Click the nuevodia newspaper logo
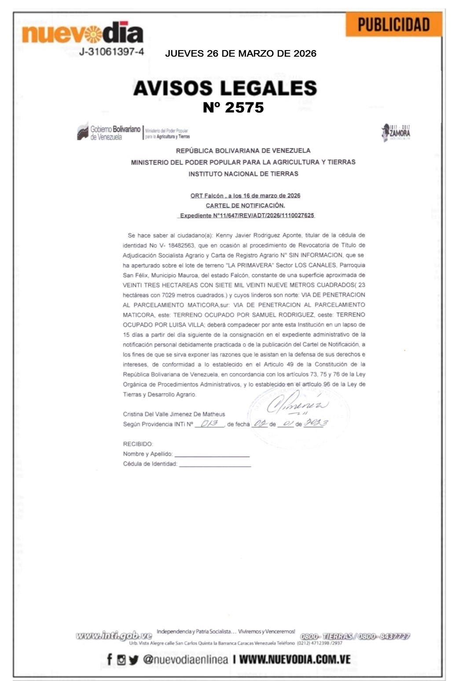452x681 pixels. pyautogui.click(x=82, y=33)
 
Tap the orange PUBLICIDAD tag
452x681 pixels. pyautogui.click(x=393, y=25)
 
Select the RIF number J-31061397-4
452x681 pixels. pyautogui.click(x=111, y=52)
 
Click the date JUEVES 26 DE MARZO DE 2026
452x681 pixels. pyautogui.click(x=240, y=54)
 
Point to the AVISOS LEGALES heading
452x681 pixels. pyautogui.click(x=225, y=88)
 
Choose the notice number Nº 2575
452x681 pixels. pyautogui.click(x=233, y=108)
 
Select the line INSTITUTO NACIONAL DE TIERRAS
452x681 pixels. pyautogui.click(x=243, y=174)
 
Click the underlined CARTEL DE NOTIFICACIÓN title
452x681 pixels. pyautogui.click(x=245, y=206)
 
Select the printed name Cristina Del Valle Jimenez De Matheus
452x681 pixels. pyautogui.click(x=174, y=414)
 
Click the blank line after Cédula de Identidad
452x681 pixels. pyautogui.click(x=215, y=465)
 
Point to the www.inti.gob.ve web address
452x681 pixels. pyautogui.click(x=114, y=635)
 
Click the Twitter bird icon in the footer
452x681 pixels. pyautogui.click(x=134, y=660)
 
